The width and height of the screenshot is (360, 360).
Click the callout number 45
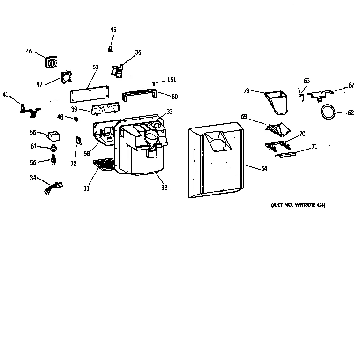click(x=113, y=30)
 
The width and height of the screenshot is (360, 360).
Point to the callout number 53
click(x=95, y=67)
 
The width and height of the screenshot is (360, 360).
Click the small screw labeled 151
click(x=155, y=83)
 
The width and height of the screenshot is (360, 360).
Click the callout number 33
click(x=169, y=112)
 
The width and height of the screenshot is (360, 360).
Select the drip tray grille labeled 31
click(x=104, y=164)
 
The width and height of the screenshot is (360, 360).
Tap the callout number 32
click(x=164, y=187)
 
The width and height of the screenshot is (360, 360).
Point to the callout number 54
click(x=264, y=168)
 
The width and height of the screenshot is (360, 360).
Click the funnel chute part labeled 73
click(x=277, y=102)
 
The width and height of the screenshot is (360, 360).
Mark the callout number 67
click(x=351, y=86)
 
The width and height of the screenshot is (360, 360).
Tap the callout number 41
click(x=6, y=95)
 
